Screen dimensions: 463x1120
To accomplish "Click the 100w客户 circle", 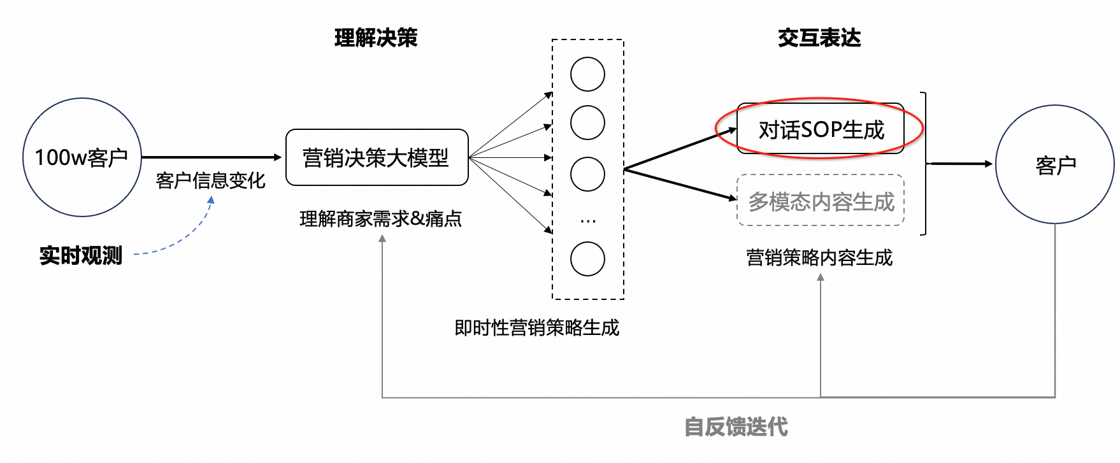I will coord(82,157).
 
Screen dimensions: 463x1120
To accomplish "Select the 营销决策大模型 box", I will coord(377,157).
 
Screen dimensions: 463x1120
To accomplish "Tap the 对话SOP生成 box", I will coord(821,129).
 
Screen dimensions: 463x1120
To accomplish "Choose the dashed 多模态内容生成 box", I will coord(821,201).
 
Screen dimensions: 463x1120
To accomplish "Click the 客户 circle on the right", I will coord(1055,164).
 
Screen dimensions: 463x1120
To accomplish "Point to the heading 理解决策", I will coord(376,38).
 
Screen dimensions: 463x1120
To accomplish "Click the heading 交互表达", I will coord(819,38).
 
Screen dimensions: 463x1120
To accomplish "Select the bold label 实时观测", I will coord(81,255).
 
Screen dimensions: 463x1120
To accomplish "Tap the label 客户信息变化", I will coord(210,181).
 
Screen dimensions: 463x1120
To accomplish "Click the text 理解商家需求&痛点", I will coord(380,219).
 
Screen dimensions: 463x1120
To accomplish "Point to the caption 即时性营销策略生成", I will coord(536,328).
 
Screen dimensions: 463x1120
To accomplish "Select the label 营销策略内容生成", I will coord(819,258).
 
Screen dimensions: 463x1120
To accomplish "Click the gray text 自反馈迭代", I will coord(736,427).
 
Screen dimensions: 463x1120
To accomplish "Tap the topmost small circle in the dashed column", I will coord(587,75).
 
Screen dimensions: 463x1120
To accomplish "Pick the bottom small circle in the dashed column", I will coord(587,259).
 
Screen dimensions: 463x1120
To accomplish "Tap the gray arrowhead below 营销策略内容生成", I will coord(821,278).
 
